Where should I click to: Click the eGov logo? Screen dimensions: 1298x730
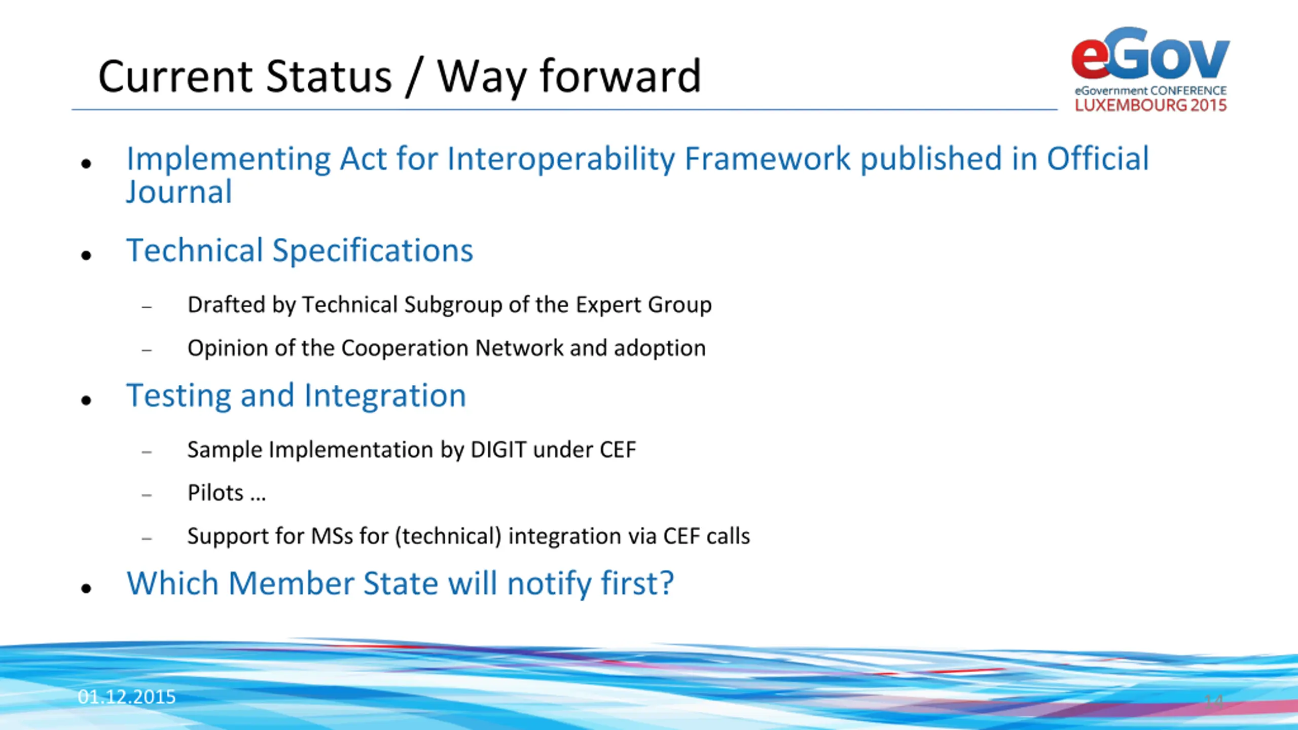[x=1150, y=69]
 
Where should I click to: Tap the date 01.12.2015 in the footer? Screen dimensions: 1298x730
[x=127, y=697]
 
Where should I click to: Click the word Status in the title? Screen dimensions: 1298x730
[x=329, y=77]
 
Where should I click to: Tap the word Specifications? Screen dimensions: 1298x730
[x=373, y=251]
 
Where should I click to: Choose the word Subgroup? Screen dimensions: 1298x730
[x=453, y=305]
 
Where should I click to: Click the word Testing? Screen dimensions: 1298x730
[x=179, y=396]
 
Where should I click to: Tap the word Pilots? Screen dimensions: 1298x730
[x=215, y=493]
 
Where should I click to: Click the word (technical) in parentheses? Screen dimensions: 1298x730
[x=448, y=536]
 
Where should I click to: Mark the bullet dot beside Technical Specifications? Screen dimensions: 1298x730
[x=86, y=254]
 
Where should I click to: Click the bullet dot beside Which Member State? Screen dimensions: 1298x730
[x=86, y=588]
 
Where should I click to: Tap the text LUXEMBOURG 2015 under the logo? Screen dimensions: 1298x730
[x=1150, y=105]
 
